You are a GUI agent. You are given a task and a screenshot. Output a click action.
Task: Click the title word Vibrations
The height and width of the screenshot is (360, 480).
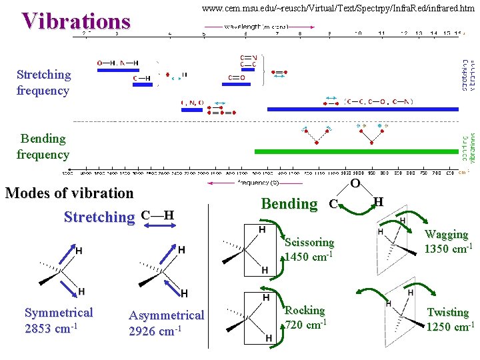[x=75, y=21]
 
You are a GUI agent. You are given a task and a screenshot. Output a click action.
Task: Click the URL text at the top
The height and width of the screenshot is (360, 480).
[x=338, y=9]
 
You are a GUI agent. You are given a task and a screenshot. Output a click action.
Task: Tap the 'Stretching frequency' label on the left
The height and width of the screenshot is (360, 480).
[x=43, y=83]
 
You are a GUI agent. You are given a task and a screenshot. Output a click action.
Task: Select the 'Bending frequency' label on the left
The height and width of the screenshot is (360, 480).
[x=43, y=147]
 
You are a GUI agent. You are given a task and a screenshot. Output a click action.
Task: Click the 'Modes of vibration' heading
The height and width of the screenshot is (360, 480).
[x=69, y=193]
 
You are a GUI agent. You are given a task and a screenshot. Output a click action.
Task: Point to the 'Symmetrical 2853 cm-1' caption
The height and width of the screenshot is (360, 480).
[x=59, y=321]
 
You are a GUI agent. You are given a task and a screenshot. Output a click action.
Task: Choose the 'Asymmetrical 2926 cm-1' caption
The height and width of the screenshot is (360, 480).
[x=166, y=323]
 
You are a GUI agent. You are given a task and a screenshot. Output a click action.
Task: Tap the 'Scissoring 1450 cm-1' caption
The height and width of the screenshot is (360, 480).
[x=309, y=249]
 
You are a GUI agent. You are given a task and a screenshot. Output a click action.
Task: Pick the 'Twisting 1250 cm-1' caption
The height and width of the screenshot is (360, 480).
[x=449, y=319]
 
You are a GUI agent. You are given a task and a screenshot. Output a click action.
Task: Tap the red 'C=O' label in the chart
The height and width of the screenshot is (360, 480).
[x=237, y=78]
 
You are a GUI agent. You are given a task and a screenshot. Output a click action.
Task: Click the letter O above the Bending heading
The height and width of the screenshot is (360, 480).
[x=355, y=183]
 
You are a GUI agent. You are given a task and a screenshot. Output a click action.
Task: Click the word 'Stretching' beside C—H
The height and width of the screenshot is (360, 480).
[x=99, y=217]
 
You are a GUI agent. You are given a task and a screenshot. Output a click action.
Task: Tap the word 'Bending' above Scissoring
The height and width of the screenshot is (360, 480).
[x=289, y=204]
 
